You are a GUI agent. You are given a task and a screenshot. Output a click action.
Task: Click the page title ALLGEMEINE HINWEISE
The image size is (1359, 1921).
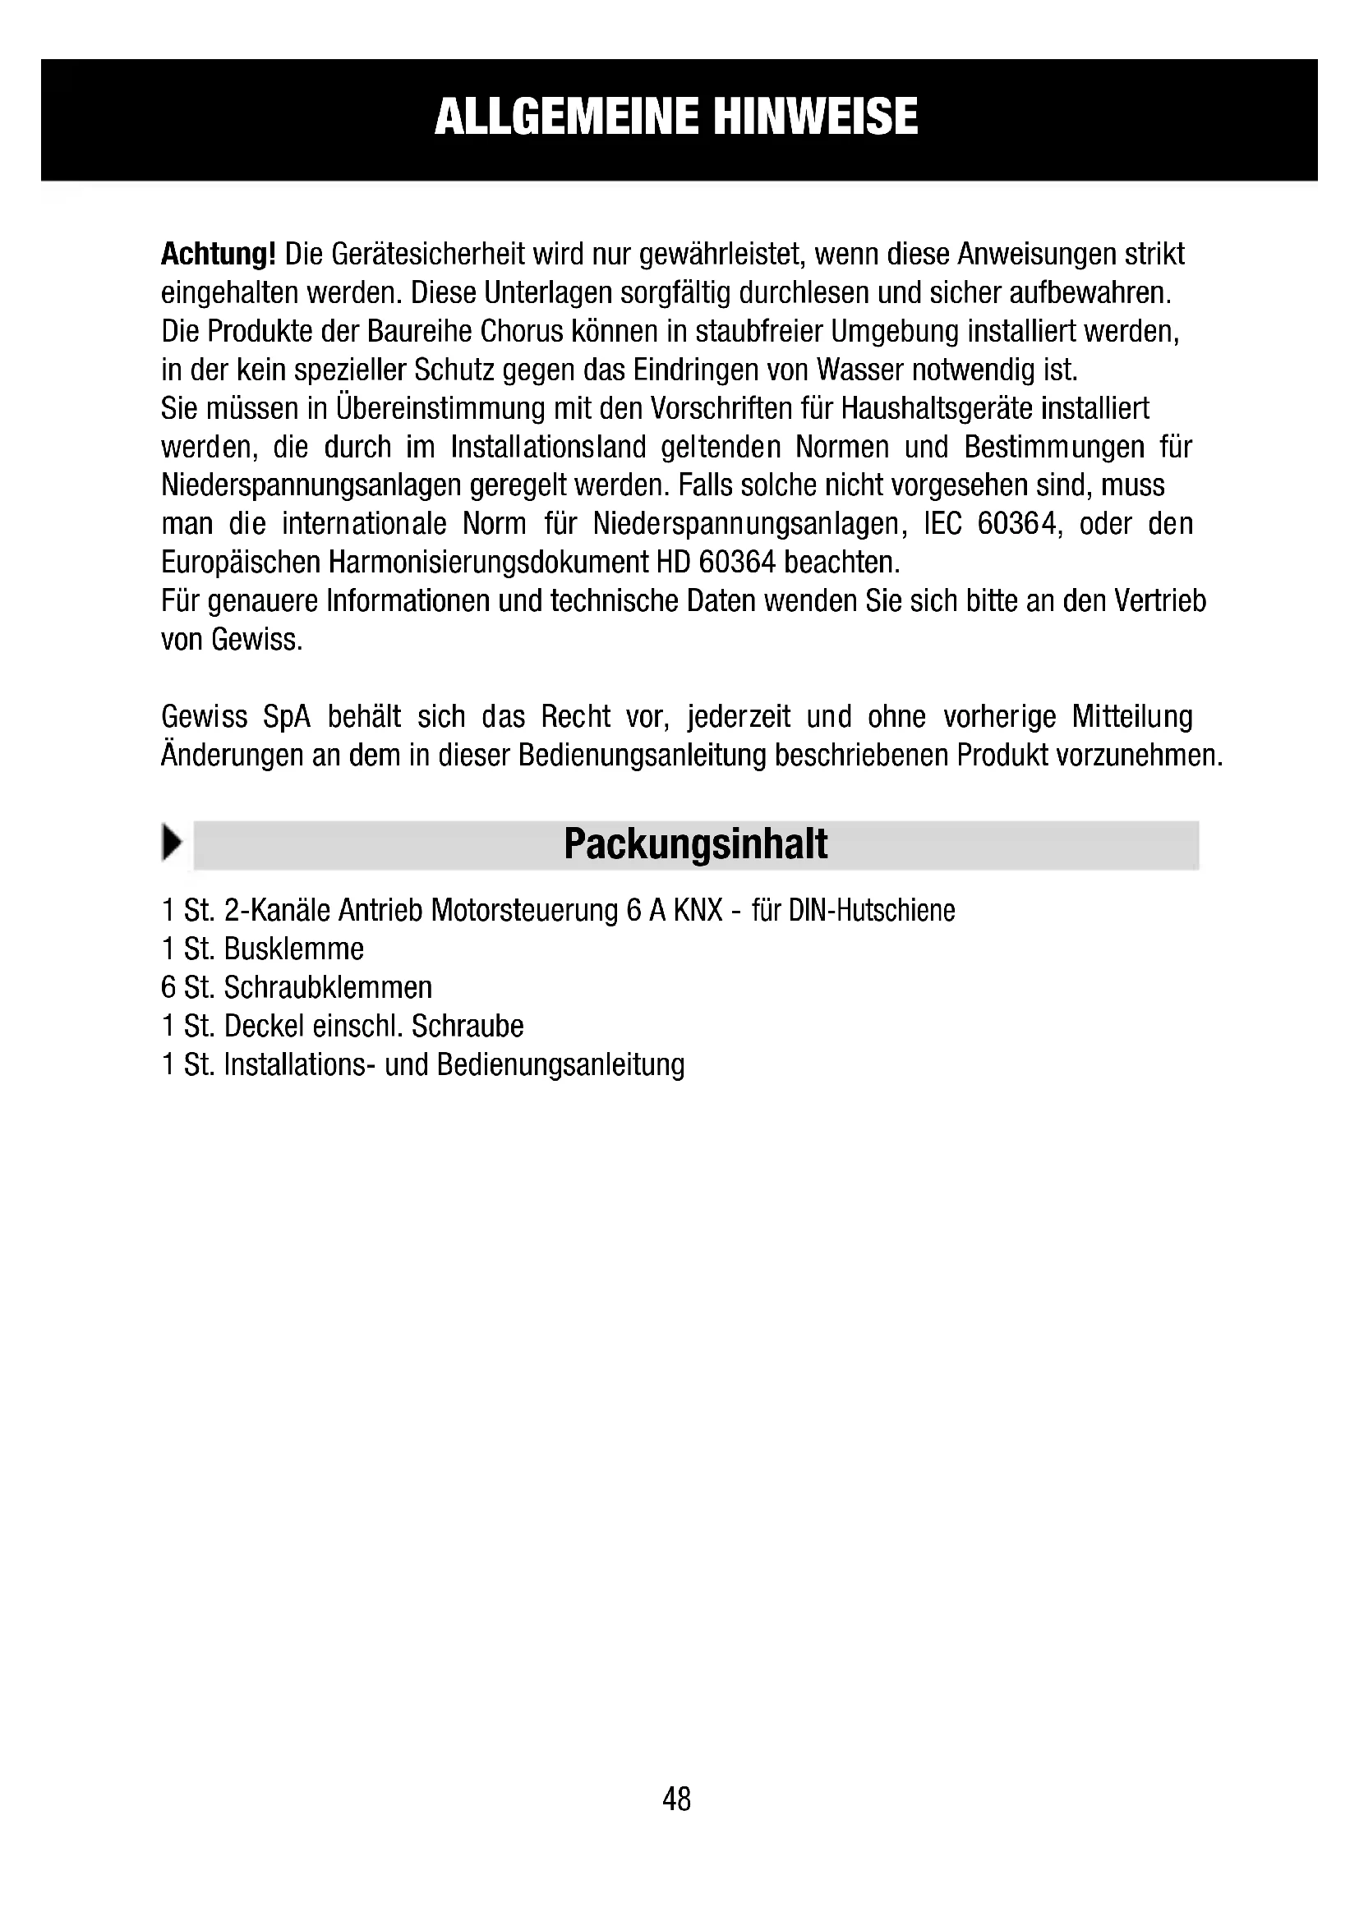[676, 117]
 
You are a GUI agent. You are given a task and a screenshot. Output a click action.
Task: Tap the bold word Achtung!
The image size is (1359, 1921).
[218, 254]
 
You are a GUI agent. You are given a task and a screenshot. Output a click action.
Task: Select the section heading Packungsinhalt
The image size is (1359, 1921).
[695, 844]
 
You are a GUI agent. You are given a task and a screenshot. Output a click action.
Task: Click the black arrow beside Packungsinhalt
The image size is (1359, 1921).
[173, 843]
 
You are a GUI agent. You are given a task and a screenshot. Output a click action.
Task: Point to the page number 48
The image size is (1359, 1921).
[676, 1798]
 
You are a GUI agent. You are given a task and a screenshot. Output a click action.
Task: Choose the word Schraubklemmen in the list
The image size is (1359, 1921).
[328, 988]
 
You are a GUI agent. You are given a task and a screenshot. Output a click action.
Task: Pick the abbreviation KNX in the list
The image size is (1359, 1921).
[698, 910]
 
